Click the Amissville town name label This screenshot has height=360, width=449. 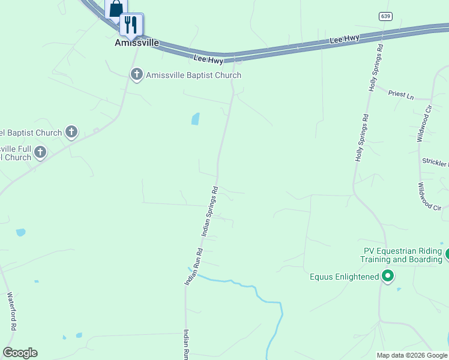tap(136, 43)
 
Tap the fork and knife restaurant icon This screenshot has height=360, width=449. tap(130, 25)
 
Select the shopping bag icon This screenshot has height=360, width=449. tap(116, 8)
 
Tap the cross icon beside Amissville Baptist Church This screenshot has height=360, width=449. tap(137, 75)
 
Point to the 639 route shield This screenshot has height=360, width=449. tap(385, 16)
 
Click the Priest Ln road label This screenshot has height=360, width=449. tap(401, 95)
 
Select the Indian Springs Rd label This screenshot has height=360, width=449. tap(208, 211)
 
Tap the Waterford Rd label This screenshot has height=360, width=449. tap(10, 311)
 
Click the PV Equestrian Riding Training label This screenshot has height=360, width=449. tap(402, 255)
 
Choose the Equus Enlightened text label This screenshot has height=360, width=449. tap(344, 277)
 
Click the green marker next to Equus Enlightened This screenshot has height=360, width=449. tap(388, 276)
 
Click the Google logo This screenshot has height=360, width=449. tap(20, 353)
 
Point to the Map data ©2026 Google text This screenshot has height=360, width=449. tap(412, 355)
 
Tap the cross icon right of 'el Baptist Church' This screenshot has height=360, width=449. tap(71, 132)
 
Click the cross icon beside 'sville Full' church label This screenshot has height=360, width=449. tap(40, 152)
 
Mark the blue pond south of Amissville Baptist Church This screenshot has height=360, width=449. tap(195, 119)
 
